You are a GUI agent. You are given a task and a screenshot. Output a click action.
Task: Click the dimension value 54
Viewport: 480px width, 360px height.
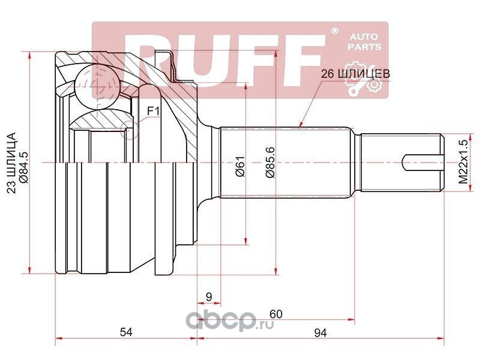pos(125,331)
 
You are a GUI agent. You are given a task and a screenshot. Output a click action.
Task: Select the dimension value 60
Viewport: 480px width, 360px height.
pos(276,313)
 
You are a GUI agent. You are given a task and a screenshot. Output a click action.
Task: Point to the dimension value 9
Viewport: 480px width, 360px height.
pos(208,296)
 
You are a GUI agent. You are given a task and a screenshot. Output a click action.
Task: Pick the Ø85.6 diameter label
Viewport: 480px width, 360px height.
pos(270,163)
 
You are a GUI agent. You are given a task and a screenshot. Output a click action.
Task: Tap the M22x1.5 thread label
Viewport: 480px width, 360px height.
pos(462,163)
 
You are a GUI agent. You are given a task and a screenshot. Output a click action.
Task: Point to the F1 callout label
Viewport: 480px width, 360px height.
pos(153,110)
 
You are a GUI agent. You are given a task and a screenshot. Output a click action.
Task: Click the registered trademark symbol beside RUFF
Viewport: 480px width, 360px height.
pos(335,30)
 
